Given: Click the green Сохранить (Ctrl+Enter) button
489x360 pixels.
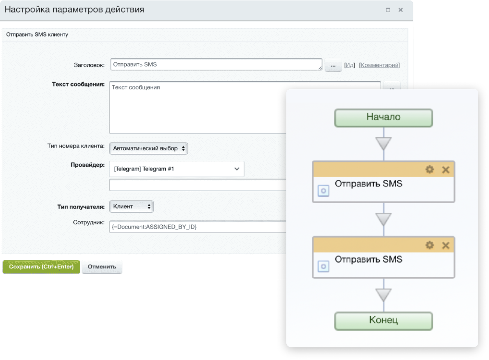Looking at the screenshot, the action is pyautogui.click(x=41, y=267).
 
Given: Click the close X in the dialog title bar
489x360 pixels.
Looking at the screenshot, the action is pyautogui.click(x=401, y=10).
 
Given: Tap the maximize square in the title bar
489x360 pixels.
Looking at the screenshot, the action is pyautogui.click(x=388, y=10).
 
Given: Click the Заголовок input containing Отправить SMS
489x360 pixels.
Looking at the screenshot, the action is pyautogui.click(x=216, y=64).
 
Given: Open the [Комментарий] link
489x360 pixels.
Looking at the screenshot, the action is pyautogui.click(x=380, y=65).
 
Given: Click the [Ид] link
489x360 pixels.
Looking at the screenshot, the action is pyautogui.click(x=350, y=65).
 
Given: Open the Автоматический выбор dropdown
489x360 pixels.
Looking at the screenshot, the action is pyautogui.click(x=149, y=149).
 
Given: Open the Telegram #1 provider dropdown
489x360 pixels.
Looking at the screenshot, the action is pyautogui.click(x=177, y=169).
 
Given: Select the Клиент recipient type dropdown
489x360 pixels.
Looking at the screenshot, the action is pyautogui.click(x=132, y=206).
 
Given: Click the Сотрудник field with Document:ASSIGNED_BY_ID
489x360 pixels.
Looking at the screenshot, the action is pyautogui.click(x=198, y=227).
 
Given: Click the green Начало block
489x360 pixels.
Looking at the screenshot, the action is pyautogui.click(x=384, y=118).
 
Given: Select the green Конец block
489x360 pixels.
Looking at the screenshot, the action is pyautogui.click(x=384, y=321).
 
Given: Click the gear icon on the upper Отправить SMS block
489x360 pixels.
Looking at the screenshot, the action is pyautogui.click(x=430, y=170).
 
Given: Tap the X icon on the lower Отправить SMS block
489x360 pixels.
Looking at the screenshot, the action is pyautogui.click(x=446, y=245).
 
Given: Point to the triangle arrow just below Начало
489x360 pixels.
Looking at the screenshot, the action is pyautogui.click(x=384, y=143).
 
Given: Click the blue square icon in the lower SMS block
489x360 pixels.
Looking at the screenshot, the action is pyautogui.click(x=323, y=266).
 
